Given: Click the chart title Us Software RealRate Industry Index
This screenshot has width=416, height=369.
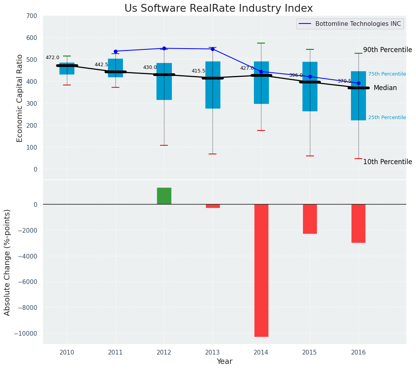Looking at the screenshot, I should pyautogui.click(x=218, y=9).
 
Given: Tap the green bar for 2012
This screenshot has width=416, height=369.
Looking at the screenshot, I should pyautogui.click(x=164, y=196).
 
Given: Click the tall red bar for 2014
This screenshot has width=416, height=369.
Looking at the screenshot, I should pyautogui.click(x=261, y=270).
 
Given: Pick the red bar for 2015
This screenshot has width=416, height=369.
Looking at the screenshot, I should pyautogui.click(x=310, y=219).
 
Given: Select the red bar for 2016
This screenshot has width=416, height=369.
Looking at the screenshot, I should pyautogui.click(x=358, y=223).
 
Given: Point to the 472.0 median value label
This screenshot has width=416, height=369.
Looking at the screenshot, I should pyautogui.click(x=52, y=58).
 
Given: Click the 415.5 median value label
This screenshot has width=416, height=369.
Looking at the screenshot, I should pyautogui.click(x=198, y=71).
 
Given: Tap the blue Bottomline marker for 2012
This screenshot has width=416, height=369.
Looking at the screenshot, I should pyautogui.click(x=164, y=49).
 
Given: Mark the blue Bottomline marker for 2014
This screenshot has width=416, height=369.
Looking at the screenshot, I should pyautogui.click(x=261, y=72).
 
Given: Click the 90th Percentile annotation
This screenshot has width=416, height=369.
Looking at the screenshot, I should pyautogui.click(x=387, y=50).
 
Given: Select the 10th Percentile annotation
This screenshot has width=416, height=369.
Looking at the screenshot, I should pyautogui.click(x=387, y=162).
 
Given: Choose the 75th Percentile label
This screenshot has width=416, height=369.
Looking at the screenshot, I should pyautogui.click(x=387, y=74).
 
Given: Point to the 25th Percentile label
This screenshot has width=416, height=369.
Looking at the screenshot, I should pyautogui.click(x=387, y=118).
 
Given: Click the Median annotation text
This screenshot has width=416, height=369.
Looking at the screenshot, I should pyautogui.click(x=385, y=88).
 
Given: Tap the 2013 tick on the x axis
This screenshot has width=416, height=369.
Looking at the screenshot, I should pyautogui.click(x=213, y=352).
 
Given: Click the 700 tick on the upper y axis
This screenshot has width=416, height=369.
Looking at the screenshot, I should pyautogui.click(x=31, y=16).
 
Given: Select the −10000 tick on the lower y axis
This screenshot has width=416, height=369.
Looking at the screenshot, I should pyautogui.click(x=25, y=333).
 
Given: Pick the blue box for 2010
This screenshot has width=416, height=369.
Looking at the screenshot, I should pyautogui.click(x=67, y=69).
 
